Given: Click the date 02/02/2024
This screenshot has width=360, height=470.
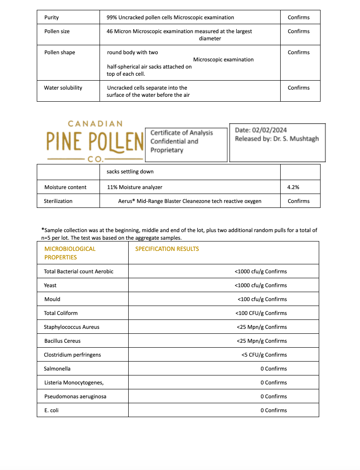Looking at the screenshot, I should [x=269, y=130].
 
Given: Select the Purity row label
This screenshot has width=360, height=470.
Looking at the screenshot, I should [x=52, y=17].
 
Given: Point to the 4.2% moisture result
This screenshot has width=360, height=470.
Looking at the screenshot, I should [x=293, y=187].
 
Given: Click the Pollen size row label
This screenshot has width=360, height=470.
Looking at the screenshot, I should [x=57, y=31].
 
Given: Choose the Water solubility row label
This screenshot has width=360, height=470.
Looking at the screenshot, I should [x=63, y=88].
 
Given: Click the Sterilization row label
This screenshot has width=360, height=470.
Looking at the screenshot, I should [x=58, y=201].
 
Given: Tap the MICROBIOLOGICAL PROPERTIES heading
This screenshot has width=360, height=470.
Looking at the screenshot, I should [x=70, y=253].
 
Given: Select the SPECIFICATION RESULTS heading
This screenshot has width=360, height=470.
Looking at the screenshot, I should [x=167, y=249].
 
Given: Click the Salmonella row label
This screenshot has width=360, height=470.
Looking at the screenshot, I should [x=57, y=369].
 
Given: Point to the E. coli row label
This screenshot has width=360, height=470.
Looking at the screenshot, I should [x=52, y=410].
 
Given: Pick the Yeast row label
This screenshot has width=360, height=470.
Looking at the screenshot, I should [x=50, y=285].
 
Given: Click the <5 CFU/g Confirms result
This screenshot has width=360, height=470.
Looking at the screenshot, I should [x=264, y=355].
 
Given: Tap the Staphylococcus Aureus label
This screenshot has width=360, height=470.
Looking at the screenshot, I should [x=72, y=327].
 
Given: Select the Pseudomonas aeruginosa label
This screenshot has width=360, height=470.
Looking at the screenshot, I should [x=75, y=397].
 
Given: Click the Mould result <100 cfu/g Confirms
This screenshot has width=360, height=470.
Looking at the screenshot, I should [x=262, y=299].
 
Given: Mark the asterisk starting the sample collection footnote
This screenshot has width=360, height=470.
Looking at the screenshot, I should [x=43, y=229].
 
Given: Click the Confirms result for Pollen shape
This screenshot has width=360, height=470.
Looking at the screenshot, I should [x=299, y=52].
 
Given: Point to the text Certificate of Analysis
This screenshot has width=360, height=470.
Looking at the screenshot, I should [x=182, y=133].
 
